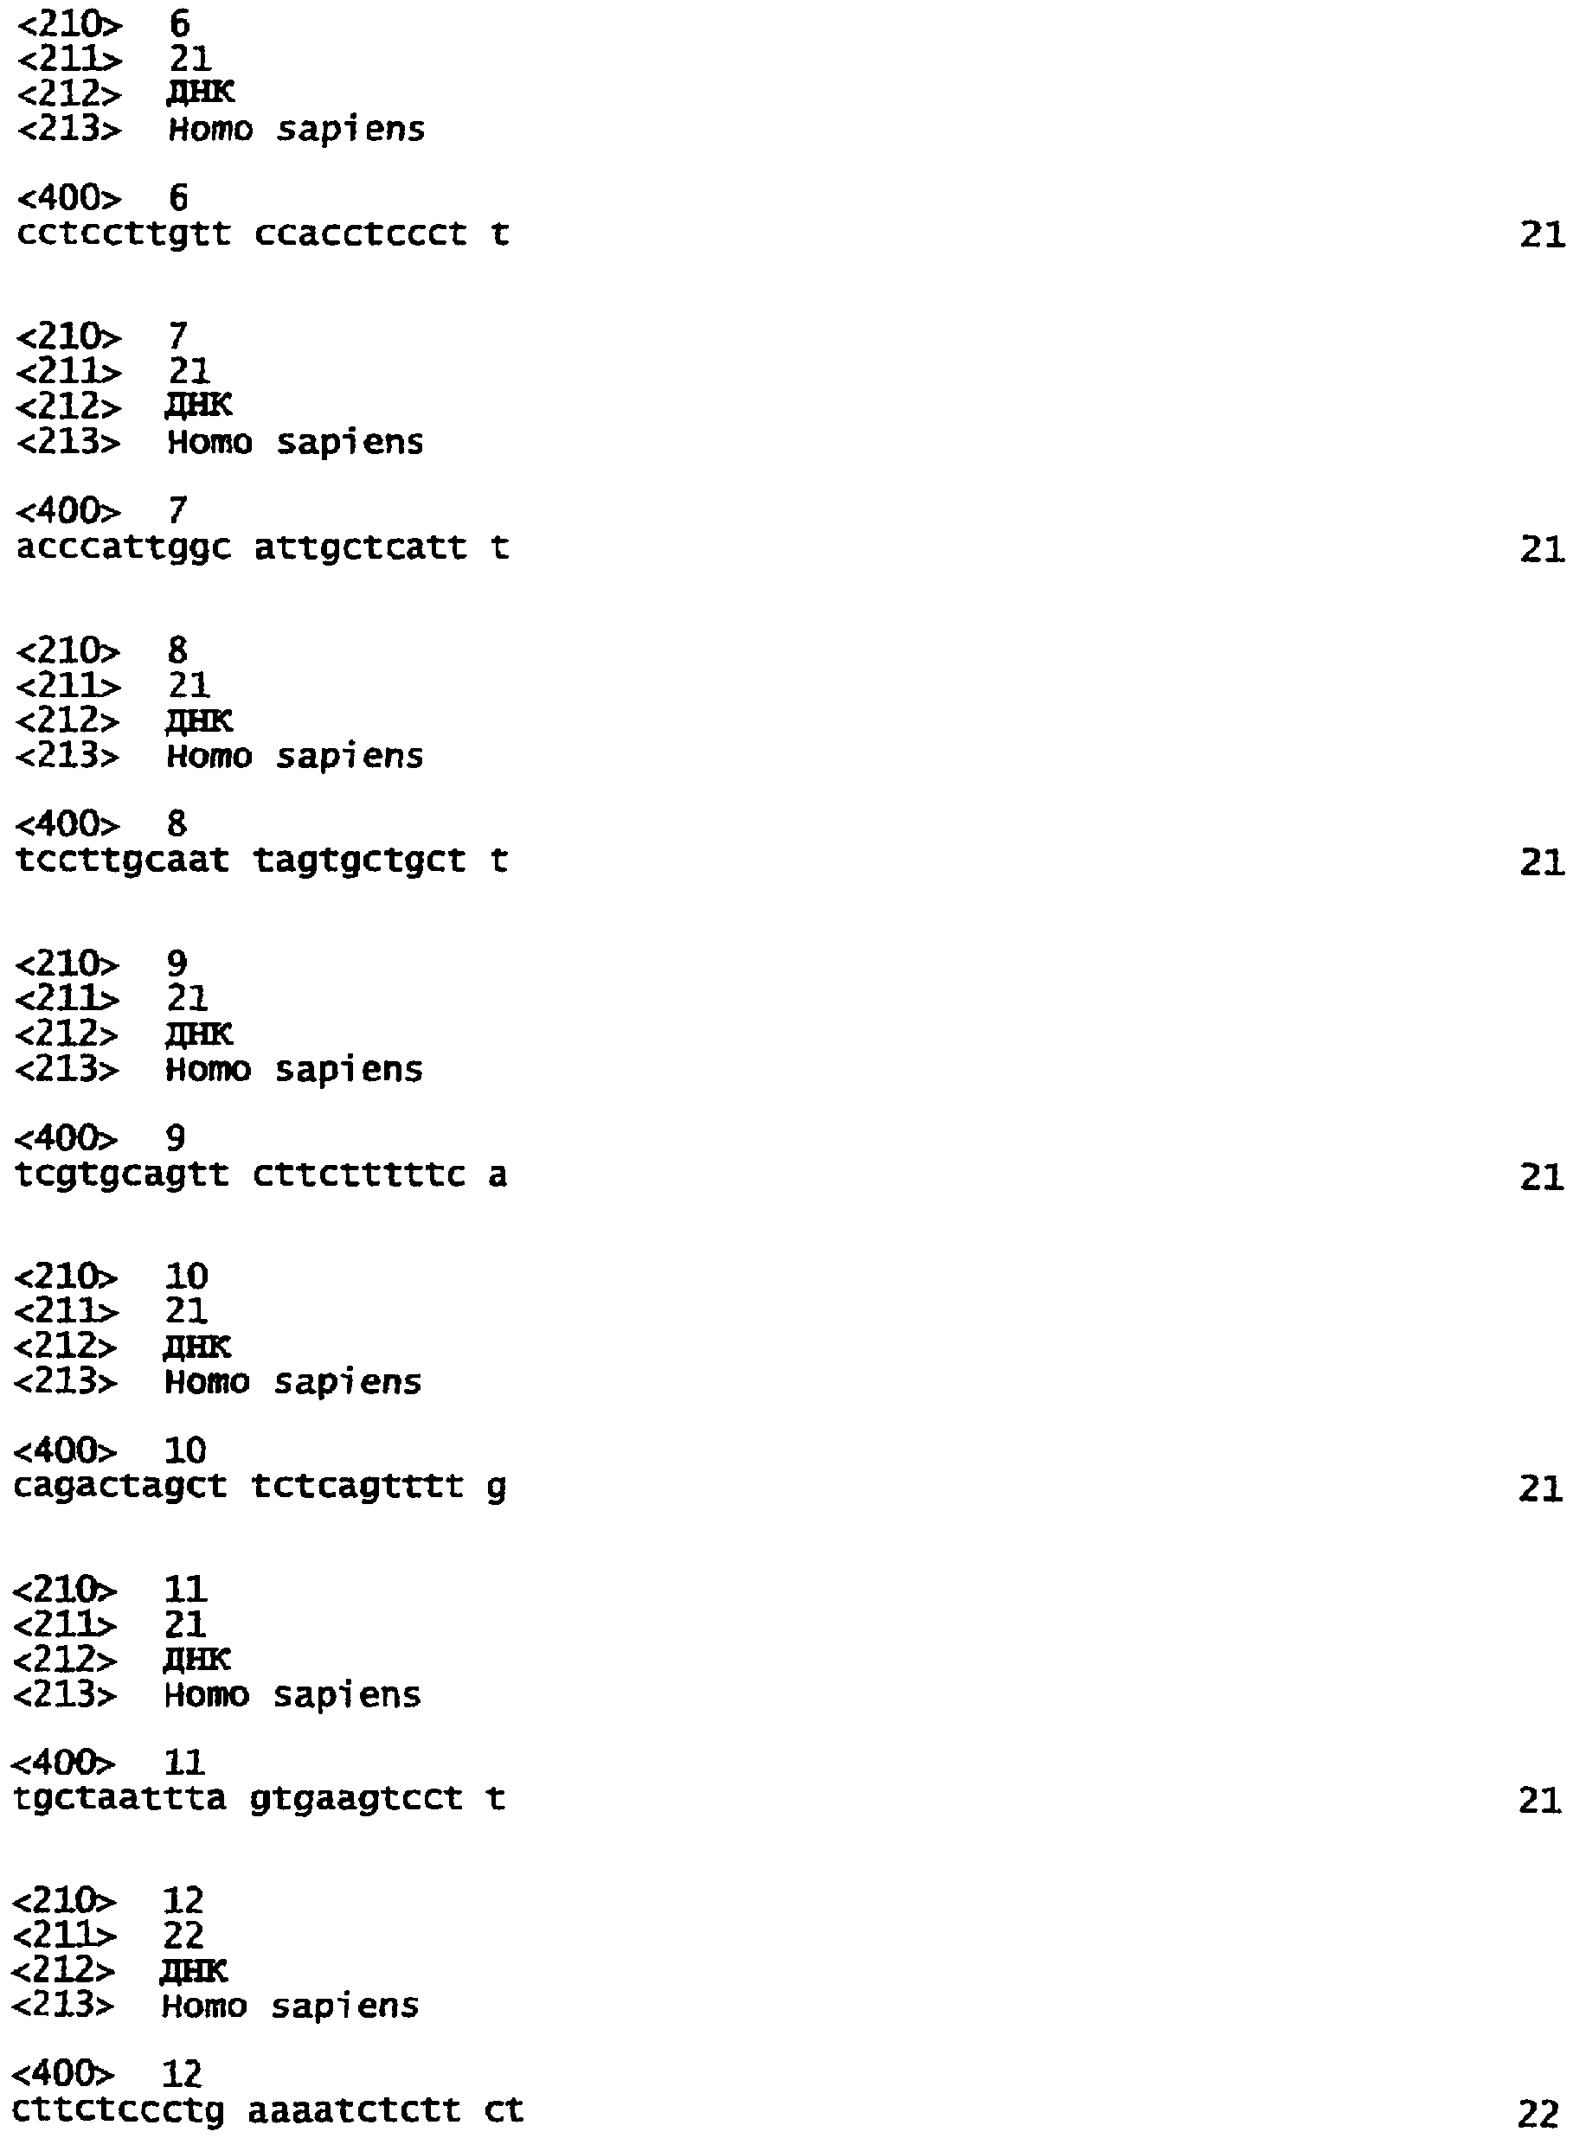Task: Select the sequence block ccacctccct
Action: point(361,234)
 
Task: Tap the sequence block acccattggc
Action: point(124,549)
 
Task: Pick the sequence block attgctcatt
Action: point(361,547)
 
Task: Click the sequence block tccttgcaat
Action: point(123,861)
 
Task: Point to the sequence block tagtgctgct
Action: point(360,861)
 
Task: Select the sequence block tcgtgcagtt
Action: point(122,1175)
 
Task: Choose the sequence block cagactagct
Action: point(120,1487)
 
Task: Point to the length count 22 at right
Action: point(1538,2113)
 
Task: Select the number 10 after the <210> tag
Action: point(187,1277)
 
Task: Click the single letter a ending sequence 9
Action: point(498,1175)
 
